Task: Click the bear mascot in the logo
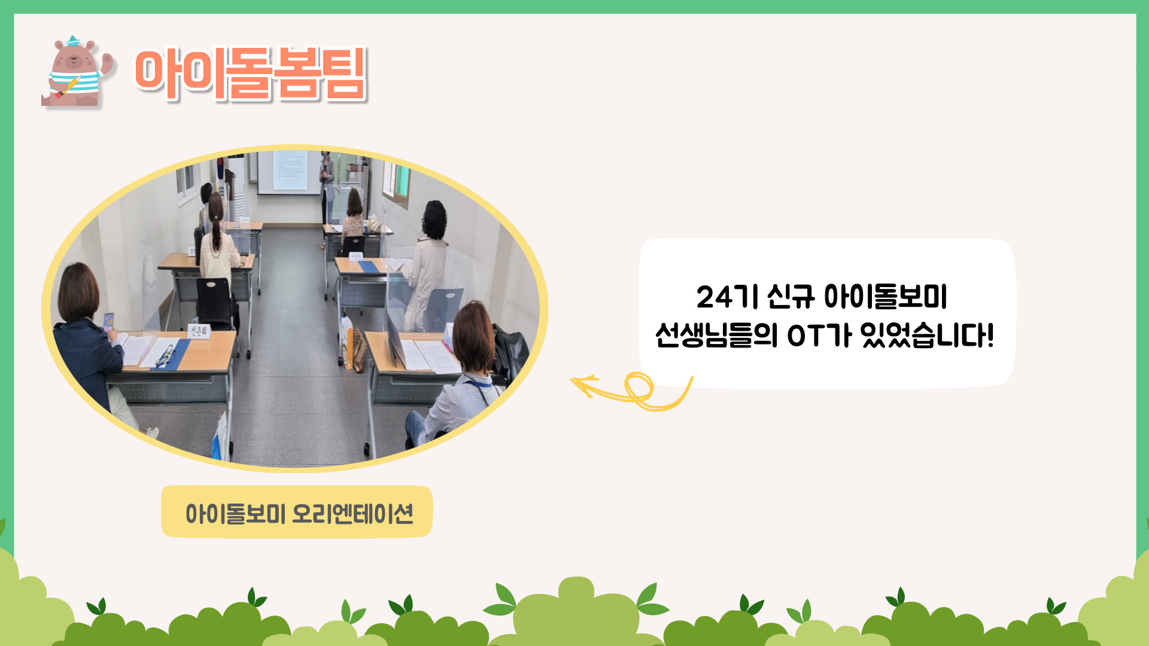coord(77,72)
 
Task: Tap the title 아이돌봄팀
coord(250,74)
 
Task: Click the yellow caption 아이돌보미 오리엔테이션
coord(299,513)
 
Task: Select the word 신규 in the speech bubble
coord(791,297)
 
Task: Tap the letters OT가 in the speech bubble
coord(819,334)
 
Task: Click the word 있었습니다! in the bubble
coord(927,334)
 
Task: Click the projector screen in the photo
coord(289,172)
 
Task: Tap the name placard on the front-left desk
coord(199,331)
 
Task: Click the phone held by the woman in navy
coord(108,321)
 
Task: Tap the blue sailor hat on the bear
coord(73,41)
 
